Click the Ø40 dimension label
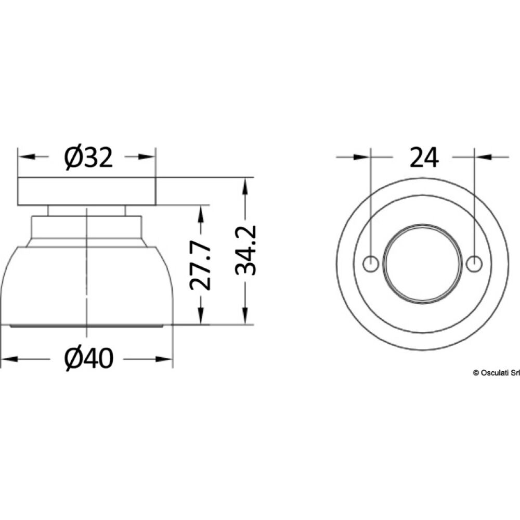click(x=88, y=359)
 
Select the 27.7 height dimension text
click(x=200, y=265)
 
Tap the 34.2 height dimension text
click(x=244, y=250)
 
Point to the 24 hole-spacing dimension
click(x=424, y=157)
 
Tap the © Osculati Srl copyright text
click(x=496, y=372)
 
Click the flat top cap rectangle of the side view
click(x=87, y=191)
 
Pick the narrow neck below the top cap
click(x=86, y=210)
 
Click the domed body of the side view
click(x=86, y=286)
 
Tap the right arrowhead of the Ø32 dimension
click(x=149, y=157)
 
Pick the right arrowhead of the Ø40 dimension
click(x=166, y=359)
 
